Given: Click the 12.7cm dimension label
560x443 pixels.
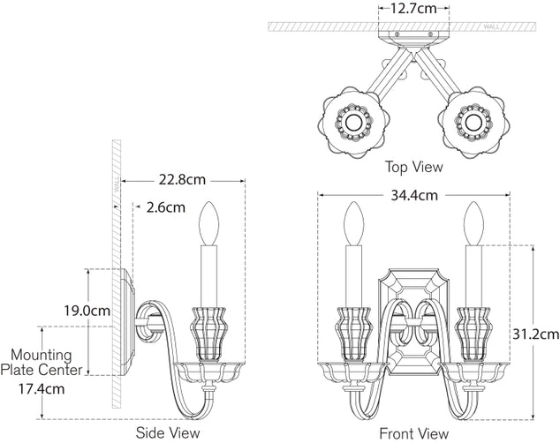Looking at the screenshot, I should click(x=414, y=10).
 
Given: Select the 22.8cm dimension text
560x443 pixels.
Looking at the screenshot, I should click(x=182, y=180).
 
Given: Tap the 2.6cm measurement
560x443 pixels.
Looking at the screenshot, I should click(x=165, y=208).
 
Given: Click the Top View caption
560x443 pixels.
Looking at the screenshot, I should click(x=413, y=166).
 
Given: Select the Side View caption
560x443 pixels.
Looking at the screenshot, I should click(x=168, y=432).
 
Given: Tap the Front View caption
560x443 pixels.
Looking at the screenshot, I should click(x=413, y=433).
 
